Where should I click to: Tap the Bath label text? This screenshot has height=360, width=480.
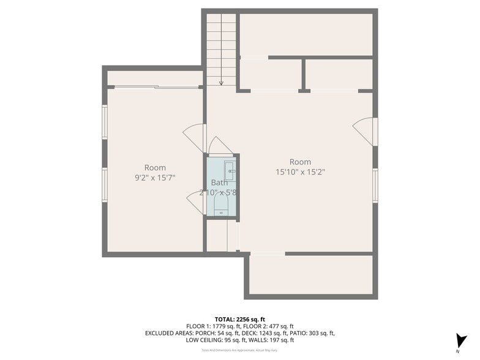[219, 182]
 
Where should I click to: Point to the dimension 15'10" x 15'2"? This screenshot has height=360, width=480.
[300, 173]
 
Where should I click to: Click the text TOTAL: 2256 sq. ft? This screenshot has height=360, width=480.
[240, 320]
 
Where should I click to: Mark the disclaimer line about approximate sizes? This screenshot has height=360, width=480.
[239, 350]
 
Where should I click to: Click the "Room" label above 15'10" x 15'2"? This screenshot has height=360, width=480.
[300, 162]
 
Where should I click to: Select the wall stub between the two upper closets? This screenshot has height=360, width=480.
[302, 75]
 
